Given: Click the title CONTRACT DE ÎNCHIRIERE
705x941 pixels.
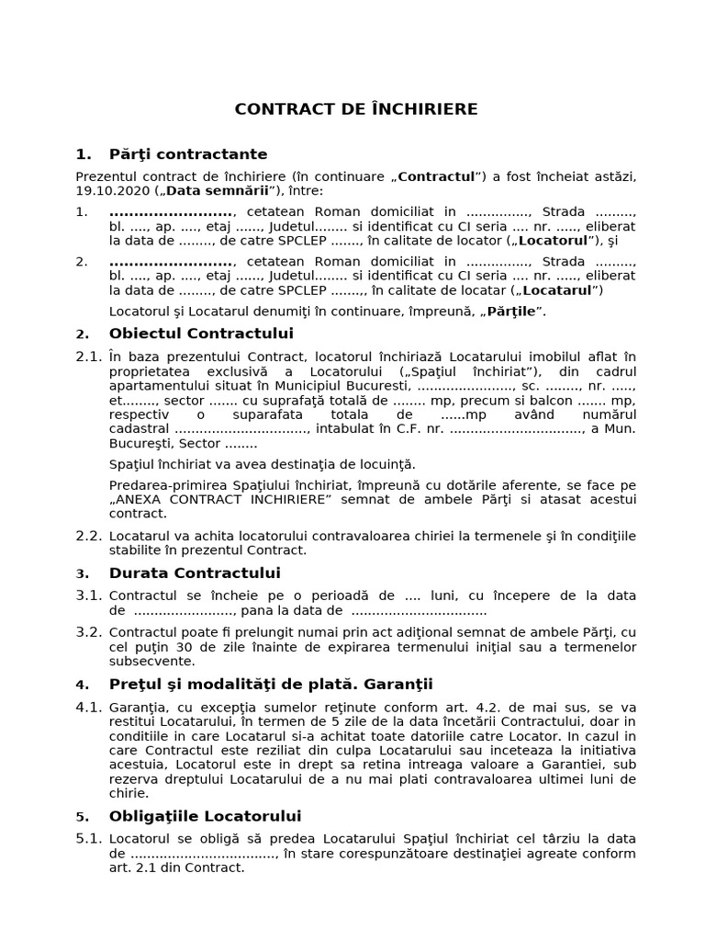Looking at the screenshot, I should coord(356,109).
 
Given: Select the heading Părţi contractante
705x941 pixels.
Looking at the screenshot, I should coord(187,153).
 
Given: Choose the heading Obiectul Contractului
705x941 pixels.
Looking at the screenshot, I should coord(200,333).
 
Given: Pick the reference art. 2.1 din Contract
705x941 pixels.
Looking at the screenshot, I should coord(176,867).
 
